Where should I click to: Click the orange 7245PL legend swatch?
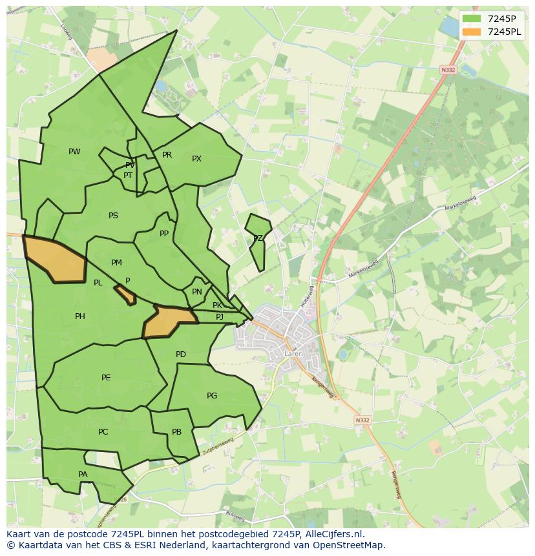coord(472,32)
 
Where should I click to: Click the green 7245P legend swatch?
coord(472,19)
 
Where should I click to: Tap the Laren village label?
coord(293,354)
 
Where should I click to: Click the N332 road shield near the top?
coord(448,70)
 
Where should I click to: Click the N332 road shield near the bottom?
coord(362,420)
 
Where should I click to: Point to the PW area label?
coord(74,152)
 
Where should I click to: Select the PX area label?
coord(196,159)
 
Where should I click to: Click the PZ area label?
coord(258,238)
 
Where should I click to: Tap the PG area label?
coord(212,396)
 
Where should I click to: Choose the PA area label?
coord(83,475)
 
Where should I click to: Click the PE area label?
coord(106,378)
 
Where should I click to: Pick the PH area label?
coord(79,316)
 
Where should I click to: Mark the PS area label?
coord(113,216)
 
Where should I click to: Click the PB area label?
coord(176,432)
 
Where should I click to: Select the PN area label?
coord(197,292)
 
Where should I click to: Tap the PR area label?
coord(167,155)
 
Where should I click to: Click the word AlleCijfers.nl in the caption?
coord(334,535)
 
